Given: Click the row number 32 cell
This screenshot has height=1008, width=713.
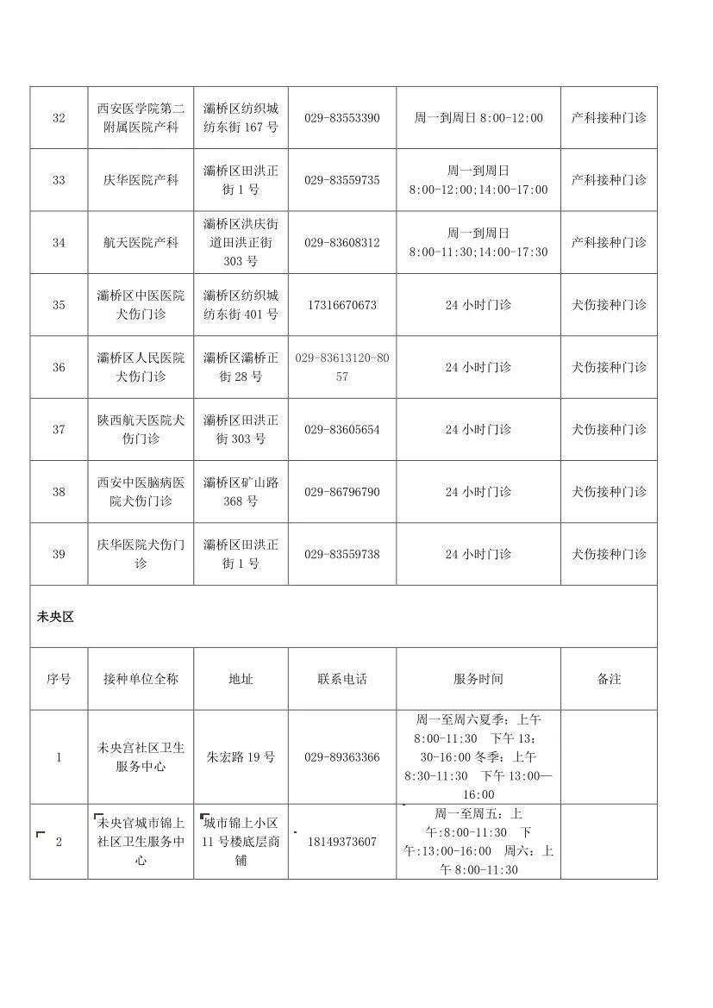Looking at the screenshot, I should point(59,118).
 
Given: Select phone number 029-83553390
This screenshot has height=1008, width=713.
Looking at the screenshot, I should point(341,118).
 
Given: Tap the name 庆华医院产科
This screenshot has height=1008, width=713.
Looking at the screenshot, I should point(140,180).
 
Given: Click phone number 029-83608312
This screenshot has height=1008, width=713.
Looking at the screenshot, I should point(341,243).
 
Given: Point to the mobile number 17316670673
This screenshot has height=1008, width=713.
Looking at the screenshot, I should point(341,305).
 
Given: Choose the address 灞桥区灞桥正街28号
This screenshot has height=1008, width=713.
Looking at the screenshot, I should point(241,367).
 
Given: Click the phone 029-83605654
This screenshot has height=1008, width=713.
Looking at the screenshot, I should point(341,430).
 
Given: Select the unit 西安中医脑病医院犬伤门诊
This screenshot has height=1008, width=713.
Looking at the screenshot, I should point(140,492).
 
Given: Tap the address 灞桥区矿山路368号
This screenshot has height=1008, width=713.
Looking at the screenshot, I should point(241,492).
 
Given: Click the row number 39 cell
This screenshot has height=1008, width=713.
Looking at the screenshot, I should point(59,554).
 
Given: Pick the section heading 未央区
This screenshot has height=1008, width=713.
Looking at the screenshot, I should point(55,617).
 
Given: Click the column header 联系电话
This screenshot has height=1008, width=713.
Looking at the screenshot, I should point(341,679).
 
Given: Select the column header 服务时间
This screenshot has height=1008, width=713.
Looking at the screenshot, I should point(478,679).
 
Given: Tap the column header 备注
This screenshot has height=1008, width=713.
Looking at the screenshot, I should point(609,679).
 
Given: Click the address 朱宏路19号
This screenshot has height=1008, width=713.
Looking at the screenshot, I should point(241,757).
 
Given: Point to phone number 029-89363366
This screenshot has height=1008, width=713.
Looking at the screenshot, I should point(341,757).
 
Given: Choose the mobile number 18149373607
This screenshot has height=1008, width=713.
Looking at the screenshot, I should point(341,842).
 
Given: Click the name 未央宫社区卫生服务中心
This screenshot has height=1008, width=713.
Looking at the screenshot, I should point(140,757).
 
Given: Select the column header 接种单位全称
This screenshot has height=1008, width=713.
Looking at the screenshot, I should point(140,679).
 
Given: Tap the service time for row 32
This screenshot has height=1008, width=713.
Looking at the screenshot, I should point(478,118).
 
